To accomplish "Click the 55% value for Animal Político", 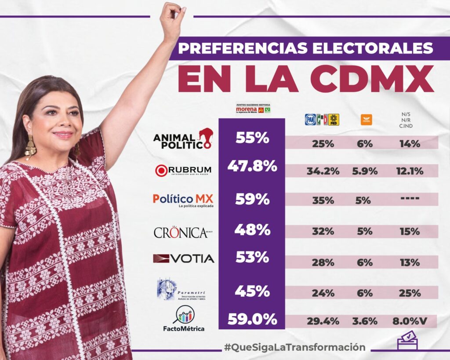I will point(252,138).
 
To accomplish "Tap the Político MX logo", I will point(183,200).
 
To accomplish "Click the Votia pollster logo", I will point(183,258).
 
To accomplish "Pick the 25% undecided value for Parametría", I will point(410,293).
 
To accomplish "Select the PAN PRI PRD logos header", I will point(322,120).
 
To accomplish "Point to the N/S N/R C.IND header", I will point(403,120).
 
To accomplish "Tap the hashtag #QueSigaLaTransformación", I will point(294,347).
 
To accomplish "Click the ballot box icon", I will point(407,341).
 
